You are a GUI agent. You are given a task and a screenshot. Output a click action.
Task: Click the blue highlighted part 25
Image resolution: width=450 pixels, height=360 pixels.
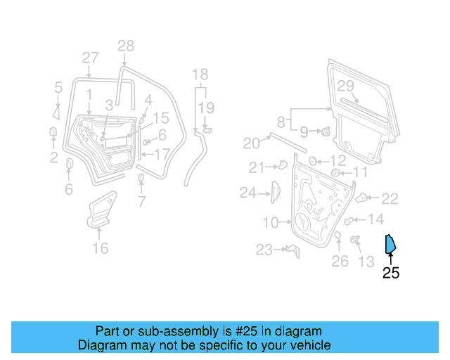[389, 244]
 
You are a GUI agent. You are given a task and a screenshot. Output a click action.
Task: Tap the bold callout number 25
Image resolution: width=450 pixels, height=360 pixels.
[390, 273]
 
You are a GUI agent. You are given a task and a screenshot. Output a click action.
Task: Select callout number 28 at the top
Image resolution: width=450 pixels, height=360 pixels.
[125, 46]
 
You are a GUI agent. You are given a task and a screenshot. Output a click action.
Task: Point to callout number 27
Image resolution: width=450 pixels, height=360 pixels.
[90, 58]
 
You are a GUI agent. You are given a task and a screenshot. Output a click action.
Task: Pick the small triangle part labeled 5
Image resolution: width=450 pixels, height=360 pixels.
[56, 110]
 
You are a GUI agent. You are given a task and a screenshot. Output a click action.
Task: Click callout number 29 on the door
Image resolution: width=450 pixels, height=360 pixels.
[345, 86]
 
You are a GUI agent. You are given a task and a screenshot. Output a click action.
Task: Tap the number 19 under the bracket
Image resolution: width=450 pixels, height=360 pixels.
[205, 107]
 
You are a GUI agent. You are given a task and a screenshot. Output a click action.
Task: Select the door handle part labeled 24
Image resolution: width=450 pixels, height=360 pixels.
[274, 191]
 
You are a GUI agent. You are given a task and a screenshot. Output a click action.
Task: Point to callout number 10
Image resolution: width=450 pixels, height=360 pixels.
[271, 223]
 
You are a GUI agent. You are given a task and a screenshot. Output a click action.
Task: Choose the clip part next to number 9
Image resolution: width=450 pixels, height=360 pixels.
[327, 131]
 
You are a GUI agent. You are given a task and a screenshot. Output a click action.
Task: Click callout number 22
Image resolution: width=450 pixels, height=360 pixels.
[389, 199]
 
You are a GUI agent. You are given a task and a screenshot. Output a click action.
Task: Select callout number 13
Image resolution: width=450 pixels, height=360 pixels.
[366, 262]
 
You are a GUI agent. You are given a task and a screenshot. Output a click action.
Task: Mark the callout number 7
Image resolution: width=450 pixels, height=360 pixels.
[141, 203]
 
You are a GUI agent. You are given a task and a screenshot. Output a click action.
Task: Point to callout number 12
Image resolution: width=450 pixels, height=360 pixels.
[337, 161]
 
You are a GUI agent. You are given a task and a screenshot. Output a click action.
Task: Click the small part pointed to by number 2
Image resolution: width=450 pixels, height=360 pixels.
[53, 132]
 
